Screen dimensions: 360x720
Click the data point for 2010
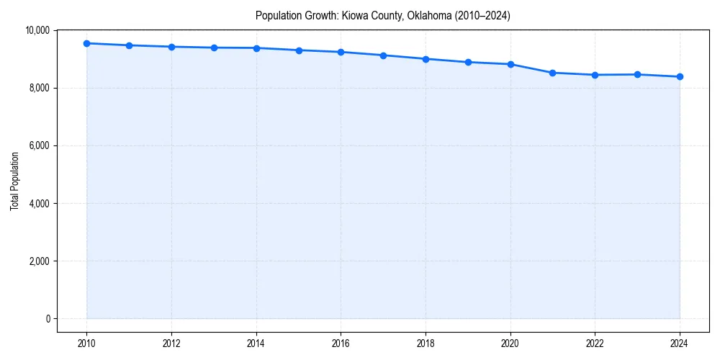[x=86, y=43]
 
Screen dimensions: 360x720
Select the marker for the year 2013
[x=214, y=48]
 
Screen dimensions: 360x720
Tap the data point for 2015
[x=299, y=50]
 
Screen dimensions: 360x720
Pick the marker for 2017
[x=383, y=55]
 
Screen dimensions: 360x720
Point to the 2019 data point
[x=468, y=62]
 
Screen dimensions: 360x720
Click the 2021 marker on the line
[x=552, y=73]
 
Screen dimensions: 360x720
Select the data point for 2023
[x=637, y=74]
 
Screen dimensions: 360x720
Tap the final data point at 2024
[x=680, y=76]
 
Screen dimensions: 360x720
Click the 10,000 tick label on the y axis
[x=37, y=30]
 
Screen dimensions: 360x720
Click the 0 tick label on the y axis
[x=47, y=318]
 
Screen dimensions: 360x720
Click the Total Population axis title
[x=14, y=181]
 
